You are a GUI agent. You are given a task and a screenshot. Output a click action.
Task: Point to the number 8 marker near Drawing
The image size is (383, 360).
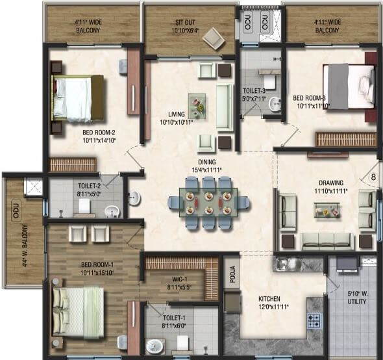[x=373, y=174]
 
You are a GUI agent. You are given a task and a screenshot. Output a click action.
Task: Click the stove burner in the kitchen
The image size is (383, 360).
[x=314, y=320]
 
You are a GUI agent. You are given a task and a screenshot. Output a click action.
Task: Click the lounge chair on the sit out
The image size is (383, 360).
[x=213, y=40]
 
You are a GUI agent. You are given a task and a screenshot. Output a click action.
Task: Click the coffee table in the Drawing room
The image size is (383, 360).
[x=326, y=210]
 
